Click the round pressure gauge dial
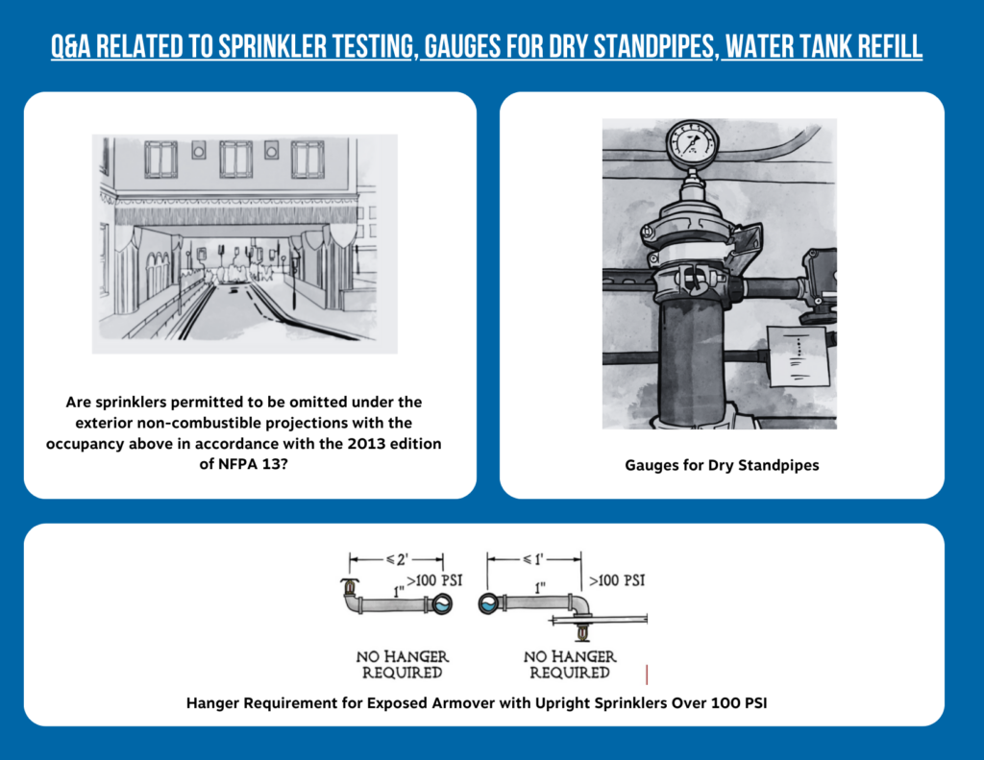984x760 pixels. coord(691,144)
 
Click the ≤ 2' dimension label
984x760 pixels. coord(395,558)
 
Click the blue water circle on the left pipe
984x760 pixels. coord(443,604)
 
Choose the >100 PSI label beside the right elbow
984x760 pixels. coord(616,580)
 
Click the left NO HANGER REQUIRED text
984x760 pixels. coord(403,664)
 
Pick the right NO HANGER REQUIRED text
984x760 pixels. coord(570,664)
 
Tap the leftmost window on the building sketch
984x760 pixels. coord(160,159)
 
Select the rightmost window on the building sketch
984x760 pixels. coord(307,159)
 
